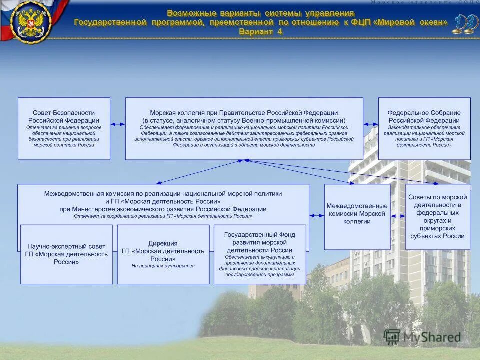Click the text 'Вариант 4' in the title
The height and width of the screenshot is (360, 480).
click(x=260, y=32)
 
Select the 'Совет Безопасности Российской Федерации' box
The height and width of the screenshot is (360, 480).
click(x=64, y=128)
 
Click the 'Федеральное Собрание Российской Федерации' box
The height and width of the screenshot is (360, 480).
click(x=424, y=128)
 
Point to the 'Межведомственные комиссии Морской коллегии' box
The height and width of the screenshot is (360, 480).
click(x=357, y=216)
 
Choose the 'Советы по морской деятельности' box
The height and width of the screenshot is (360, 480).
click(x=437, y=216)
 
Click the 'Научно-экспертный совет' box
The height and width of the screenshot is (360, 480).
click(x=66, y=254)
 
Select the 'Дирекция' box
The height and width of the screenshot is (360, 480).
click(x=163, y=254)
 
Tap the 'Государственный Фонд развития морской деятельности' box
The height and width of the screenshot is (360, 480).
click(x=259, y=254)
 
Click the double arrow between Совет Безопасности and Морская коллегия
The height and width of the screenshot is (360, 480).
click(x=118, y=124)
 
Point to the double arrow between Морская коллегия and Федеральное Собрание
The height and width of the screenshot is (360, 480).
click(x=371, y=124)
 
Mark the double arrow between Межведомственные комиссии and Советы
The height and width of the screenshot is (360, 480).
click(x=398, y=216)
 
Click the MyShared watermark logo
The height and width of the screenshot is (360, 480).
click(x=423, y=337)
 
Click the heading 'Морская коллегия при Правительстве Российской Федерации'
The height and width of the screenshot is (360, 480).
click(x=244, y=113)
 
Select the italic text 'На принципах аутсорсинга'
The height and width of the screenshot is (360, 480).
click(x=163, y=266)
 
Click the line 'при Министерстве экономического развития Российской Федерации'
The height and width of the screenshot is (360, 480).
click(x=163, y=209)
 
